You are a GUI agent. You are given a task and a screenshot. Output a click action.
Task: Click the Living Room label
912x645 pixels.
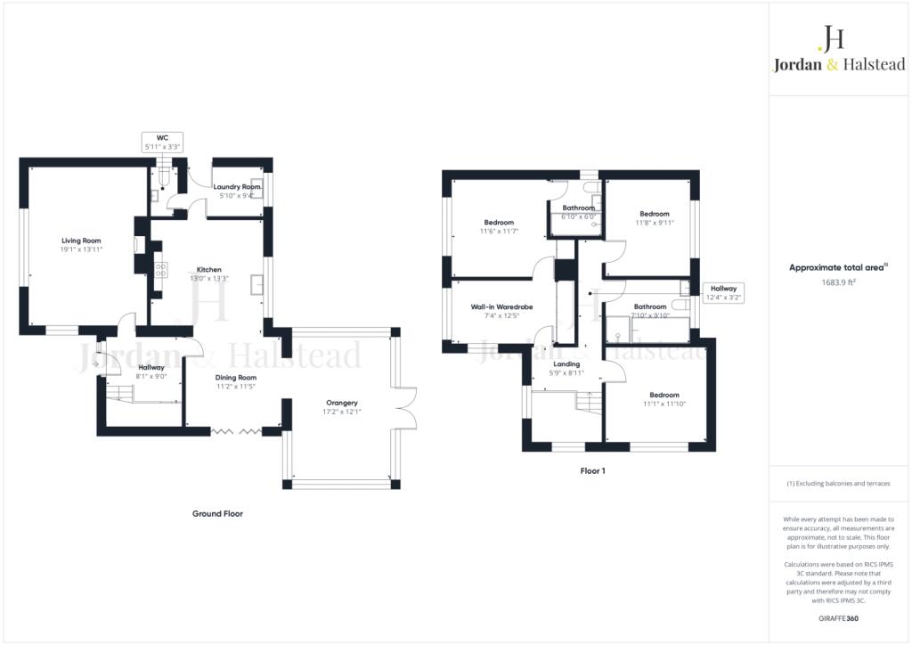(81, 241)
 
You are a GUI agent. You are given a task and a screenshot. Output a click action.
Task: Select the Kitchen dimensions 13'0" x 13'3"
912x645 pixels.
(209, 279)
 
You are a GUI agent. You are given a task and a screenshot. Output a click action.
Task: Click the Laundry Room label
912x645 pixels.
(237, 187)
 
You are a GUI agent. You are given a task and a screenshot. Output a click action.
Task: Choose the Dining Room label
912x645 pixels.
(236, 377)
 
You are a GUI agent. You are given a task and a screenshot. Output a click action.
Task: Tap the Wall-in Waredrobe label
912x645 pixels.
(501, 306)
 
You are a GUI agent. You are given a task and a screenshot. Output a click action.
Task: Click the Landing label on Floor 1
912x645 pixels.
(566, 363)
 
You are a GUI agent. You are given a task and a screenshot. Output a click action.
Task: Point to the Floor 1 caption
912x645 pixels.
(592, 470)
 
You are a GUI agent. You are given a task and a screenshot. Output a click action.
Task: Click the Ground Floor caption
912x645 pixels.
(217, 514)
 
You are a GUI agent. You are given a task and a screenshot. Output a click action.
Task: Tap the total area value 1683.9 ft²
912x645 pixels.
(839, 282)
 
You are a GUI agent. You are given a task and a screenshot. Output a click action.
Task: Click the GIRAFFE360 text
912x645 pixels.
(839, 617)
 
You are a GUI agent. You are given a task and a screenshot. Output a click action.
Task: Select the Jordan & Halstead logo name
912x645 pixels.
(839, 64)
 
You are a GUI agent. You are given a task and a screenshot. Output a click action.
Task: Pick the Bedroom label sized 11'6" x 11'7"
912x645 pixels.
(499, 222)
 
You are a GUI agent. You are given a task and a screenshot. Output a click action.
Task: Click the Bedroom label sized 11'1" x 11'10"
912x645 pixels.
(664, 395)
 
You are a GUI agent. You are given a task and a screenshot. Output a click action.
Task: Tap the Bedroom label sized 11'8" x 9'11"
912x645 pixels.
(654, 214)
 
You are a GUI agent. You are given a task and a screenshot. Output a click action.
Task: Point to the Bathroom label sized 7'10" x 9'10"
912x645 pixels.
(649, 306)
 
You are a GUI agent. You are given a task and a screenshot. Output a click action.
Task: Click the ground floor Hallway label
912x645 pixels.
(151, 367)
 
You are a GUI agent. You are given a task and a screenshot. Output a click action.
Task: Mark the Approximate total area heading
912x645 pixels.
(838, 267)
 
